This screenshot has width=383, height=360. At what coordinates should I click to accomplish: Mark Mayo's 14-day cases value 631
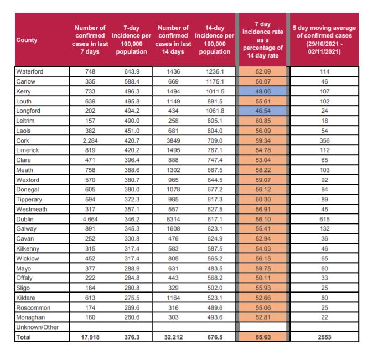173,279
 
